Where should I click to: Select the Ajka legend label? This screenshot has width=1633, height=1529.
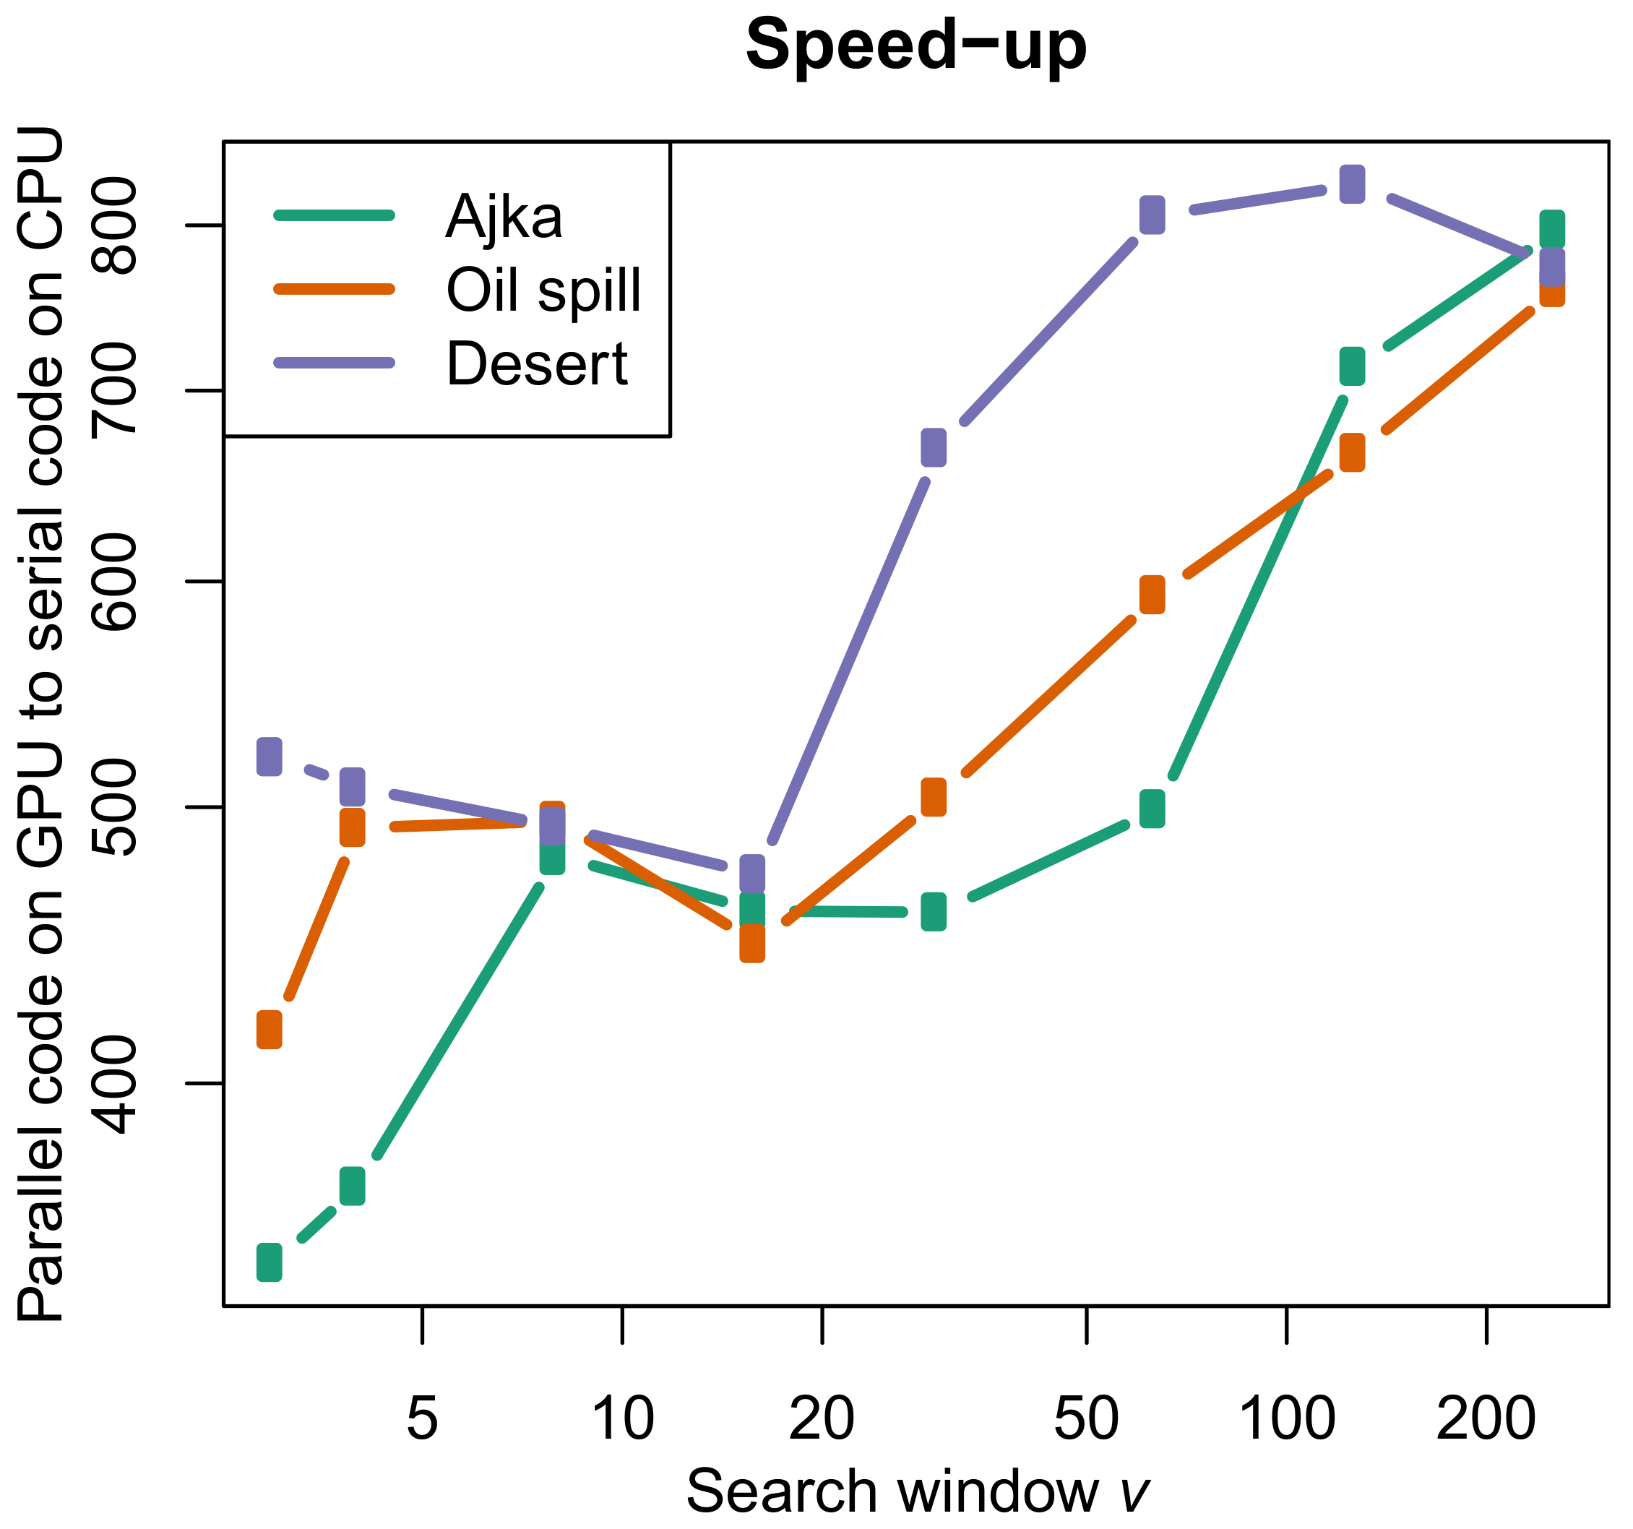pos(504,217)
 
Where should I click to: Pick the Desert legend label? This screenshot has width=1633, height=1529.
pos(536,363)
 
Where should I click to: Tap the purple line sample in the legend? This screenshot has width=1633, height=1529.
pos(335,362)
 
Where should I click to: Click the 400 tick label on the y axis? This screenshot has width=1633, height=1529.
pos(115,1084)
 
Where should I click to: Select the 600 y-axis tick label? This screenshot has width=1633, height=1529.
pos(115,582)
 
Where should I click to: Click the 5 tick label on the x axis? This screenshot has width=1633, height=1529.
pos(422,1418)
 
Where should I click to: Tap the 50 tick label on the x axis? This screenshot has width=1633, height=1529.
pos(1086,1418)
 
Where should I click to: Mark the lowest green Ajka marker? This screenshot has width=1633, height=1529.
pos(270,1262)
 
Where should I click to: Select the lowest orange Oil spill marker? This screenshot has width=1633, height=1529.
pos(270,1030)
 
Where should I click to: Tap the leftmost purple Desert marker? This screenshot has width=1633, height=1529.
pos(270,756)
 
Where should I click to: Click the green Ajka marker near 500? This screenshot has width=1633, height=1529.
pos(1152,809)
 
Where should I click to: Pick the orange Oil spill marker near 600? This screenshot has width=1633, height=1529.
pos(1152,594)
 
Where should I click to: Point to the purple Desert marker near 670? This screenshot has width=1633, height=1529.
pos(933,447)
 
